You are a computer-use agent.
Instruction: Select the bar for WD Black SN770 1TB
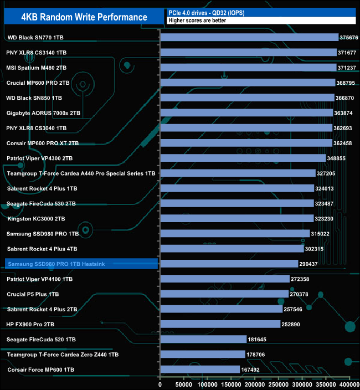(x=249, y=37)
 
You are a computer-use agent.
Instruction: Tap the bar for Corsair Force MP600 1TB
(x=200, y=370)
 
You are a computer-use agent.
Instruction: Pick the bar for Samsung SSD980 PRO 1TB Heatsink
(x=229, y=264)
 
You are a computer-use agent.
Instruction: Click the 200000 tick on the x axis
(x=255, y=384)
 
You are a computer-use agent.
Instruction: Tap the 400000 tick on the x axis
(x=349, y=384)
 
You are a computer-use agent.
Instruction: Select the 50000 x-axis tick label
(x=184, y=384)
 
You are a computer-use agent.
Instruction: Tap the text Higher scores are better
(x=197, y=20)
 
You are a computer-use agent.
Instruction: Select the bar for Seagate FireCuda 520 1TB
(x=203, y=339)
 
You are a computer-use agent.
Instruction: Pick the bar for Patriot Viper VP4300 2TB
(x=243, y=158)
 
